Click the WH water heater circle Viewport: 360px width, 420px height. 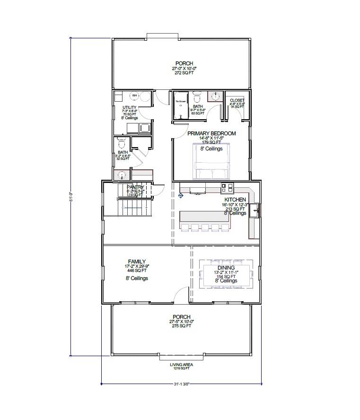click(134, 96)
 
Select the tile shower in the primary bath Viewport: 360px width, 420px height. click(181, 105)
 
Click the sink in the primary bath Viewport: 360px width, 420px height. click(215, 96)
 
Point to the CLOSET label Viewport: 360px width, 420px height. click(237, 100)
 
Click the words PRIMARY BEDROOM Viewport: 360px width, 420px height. click(211, 134)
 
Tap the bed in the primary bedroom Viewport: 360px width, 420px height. click(211, 161)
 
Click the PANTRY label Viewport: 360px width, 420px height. click(135, 187)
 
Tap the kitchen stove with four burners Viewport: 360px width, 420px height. click(227, 188)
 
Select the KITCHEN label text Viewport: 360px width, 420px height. click(235, 200)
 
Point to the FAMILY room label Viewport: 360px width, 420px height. click(136, 261)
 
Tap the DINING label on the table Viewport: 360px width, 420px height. click(226, 268)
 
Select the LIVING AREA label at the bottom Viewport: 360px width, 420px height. click(181, 365)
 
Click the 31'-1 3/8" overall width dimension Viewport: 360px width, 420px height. click(181, 383)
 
